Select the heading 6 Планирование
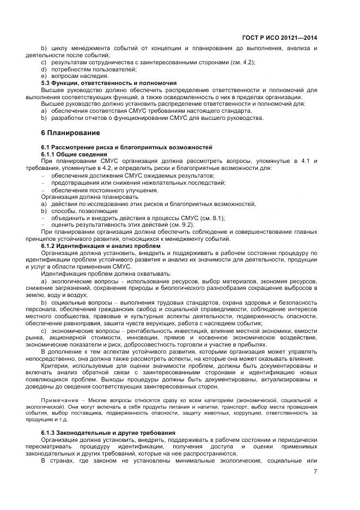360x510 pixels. pyautogui.click(x=70, y=132)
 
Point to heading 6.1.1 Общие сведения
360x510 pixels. pyautogui.click(x=74, y=155)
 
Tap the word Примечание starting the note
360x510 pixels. pyautogui.click(x=57, y=400)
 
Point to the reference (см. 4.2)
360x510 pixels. pyautogui.click(x=240, y=63)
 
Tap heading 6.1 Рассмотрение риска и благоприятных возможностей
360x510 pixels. pyautogui.click(x=126, y=148)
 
